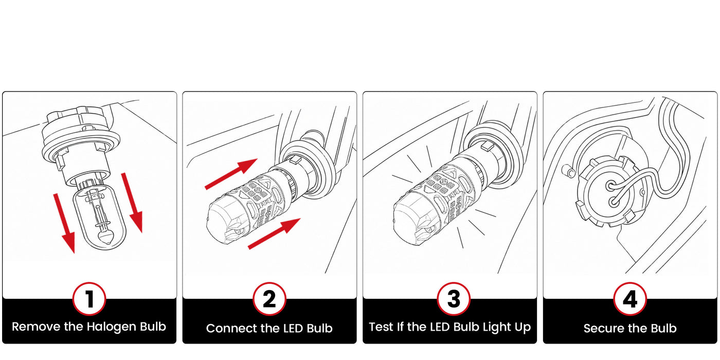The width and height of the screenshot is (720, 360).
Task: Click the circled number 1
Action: [x=89, y=299]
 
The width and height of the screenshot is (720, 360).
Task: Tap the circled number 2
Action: [x=269, y=299]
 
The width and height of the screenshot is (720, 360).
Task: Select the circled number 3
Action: [x=454, y=299]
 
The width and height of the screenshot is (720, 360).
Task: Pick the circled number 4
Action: [x=630, y=299]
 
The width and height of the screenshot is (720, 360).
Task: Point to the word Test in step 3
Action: [x=381, y=327]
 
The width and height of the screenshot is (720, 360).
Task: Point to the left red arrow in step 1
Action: [x=65, y=223]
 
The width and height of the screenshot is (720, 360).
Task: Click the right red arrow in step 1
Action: [x=132, y=203]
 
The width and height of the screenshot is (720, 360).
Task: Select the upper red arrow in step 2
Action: [x=231, y=174]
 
